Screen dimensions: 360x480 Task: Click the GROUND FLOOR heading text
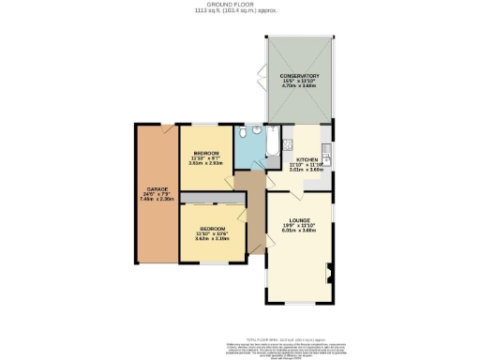tap(240, 4)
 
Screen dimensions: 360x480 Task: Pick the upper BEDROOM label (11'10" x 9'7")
tap(206, 152)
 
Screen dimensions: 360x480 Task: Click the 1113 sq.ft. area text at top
tap(240, 10)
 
